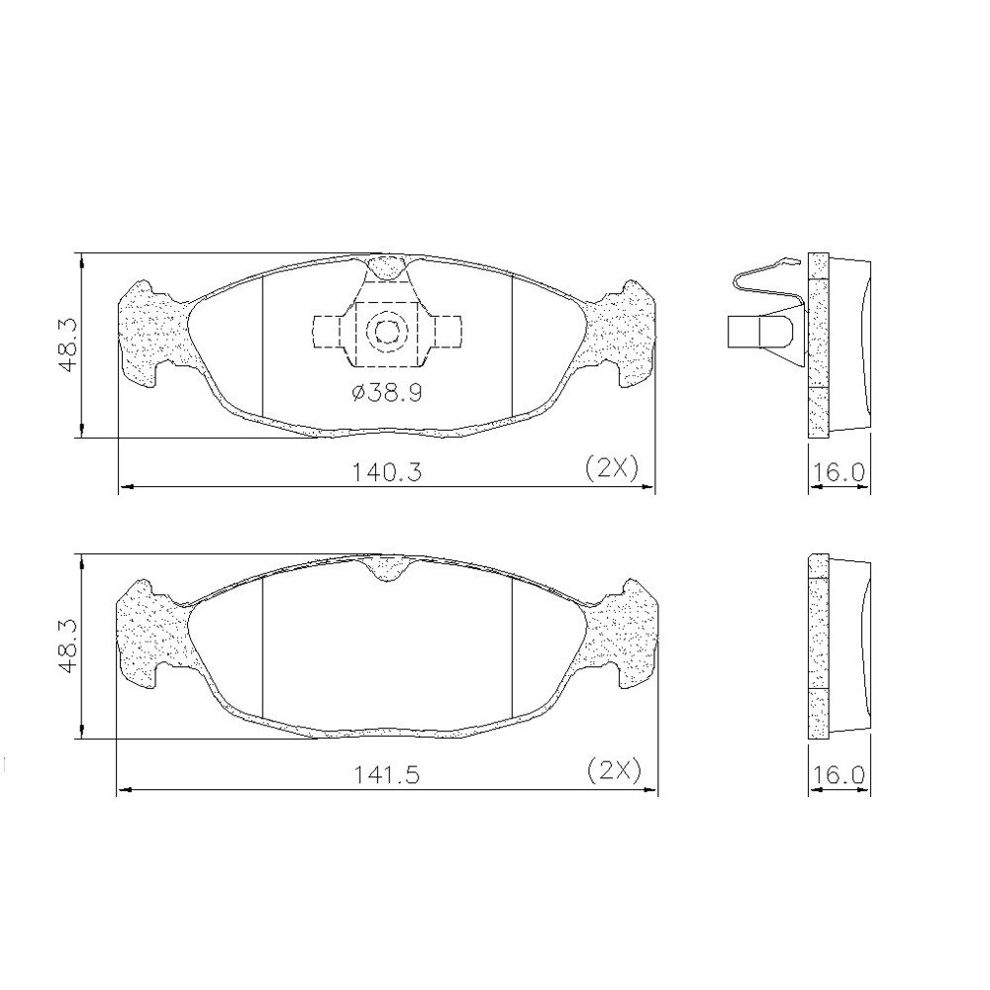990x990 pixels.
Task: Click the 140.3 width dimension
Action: pos(386,471)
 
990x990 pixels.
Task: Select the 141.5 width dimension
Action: pos(386,774)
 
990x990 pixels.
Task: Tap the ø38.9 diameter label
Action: pos(386,393)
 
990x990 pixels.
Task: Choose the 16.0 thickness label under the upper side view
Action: pos(839,471)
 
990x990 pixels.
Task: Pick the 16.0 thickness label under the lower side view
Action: pos(839,774)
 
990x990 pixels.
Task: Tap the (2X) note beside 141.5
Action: pos(614,770)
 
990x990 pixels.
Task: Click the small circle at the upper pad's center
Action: pos(384,332)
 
